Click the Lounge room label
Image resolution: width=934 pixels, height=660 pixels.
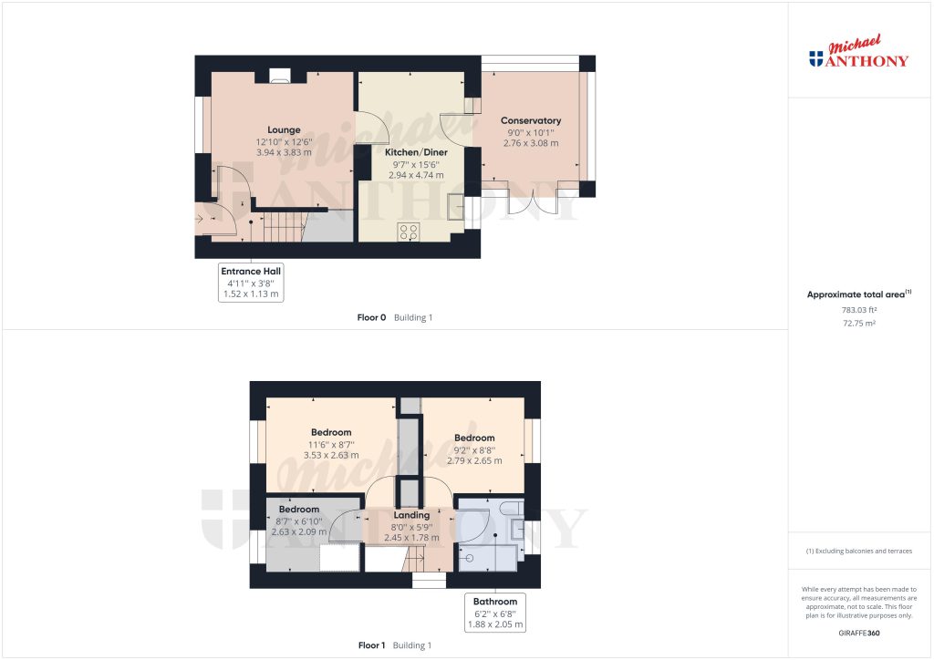tap(284, 129)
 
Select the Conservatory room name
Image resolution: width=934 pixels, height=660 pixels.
tap(530, 120)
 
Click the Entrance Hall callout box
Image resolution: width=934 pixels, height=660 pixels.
tap(251, 283)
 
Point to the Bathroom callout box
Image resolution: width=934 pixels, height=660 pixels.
tap(494, 613)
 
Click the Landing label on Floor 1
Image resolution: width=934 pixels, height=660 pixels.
tap(411, 515)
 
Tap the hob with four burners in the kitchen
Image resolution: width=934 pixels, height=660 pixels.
tap(409, 232)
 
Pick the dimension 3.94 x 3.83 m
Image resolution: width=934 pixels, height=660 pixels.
tap(284, 153)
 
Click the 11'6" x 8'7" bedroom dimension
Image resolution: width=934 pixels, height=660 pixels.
tap(330, 444)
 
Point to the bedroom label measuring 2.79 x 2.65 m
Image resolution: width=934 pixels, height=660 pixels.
tap(474, 438)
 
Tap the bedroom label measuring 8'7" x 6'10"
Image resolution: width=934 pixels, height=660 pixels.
tap(299, 509)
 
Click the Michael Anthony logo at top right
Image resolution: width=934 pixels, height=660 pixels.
tap(858, 54)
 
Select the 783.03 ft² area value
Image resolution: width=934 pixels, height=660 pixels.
tap(858, 310)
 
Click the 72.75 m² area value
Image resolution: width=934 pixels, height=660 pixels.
tap(858, 324)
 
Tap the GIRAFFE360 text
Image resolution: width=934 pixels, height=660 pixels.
tap(858, 632)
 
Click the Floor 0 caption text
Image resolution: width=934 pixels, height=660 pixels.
tap(371, 317)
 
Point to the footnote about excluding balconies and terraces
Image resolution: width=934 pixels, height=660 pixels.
tap(858, 551)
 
